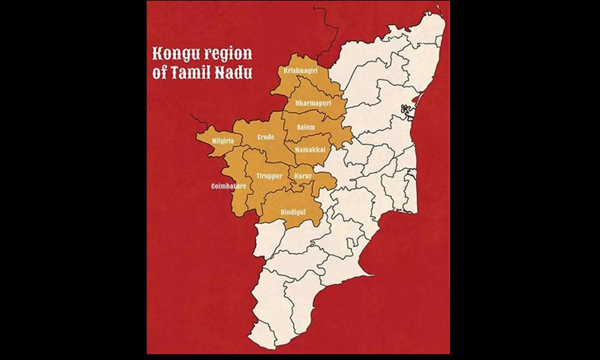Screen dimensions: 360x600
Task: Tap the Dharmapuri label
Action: (308, 103)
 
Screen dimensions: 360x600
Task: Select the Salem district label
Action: (306, 128)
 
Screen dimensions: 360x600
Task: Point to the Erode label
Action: (266, 137)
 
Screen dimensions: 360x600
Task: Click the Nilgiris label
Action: (223, 141)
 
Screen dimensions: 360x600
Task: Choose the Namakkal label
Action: (310, 150)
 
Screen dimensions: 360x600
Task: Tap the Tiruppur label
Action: (269, 176)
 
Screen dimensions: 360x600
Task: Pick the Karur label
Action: (303, 176)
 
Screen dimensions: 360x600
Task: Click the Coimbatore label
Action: (229, 186)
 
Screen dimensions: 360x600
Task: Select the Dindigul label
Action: (293, 212)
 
